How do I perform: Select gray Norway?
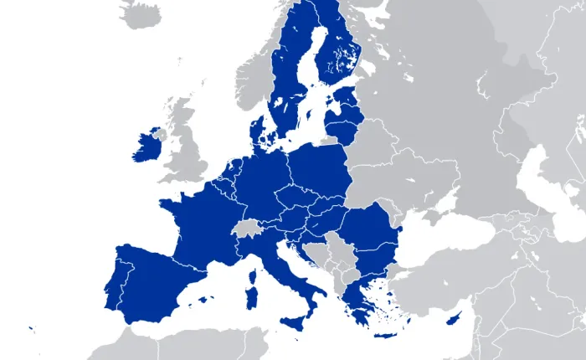tap(251, 75)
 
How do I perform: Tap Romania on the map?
tap(368, 230)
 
